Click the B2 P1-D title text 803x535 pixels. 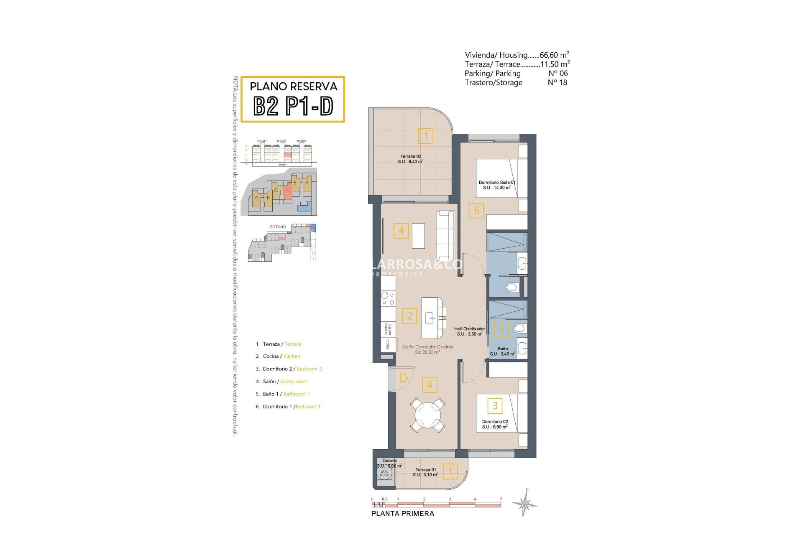293,106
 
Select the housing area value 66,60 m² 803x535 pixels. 554,55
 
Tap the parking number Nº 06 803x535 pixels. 558,73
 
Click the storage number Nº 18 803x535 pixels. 557,82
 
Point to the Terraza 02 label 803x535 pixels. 410,159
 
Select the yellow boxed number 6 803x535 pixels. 476,211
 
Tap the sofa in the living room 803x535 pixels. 445,235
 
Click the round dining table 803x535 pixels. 428,415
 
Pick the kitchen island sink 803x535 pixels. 430,318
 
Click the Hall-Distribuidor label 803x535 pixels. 469,331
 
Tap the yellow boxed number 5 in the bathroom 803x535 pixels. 501,329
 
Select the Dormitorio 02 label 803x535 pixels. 495,424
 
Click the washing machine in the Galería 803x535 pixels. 384,473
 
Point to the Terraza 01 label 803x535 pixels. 425,472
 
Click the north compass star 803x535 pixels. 525,503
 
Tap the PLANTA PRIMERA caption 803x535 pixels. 402,514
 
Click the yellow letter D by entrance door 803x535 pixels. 404,378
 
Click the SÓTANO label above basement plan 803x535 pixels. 278,227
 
